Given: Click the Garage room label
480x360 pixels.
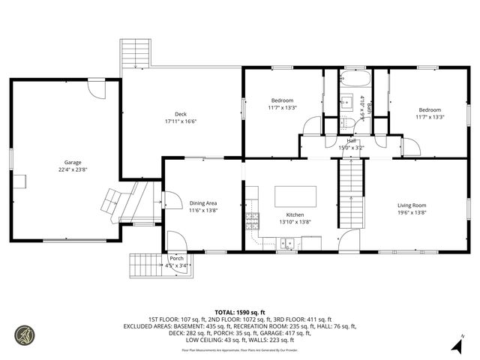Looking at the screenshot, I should [x=72, y=163].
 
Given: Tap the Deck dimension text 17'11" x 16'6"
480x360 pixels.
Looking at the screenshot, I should [x=180, y=121].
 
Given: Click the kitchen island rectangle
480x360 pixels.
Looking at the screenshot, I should [x=295, y=196].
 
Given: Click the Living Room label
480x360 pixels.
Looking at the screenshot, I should [x=412, y=205].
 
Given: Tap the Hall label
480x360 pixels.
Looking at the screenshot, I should [x=351, y=141].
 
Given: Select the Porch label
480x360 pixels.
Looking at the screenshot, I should [x=176, y=258].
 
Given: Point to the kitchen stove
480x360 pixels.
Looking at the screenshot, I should [x=252, y=220].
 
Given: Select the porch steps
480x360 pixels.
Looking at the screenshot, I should [x=146, y=264].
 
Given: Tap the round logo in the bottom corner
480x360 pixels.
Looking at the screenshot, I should [x=25, y=334].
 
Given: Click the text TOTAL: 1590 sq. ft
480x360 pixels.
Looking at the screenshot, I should [x=239, y=312].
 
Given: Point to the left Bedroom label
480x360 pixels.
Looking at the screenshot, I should [x=282, y=100].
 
